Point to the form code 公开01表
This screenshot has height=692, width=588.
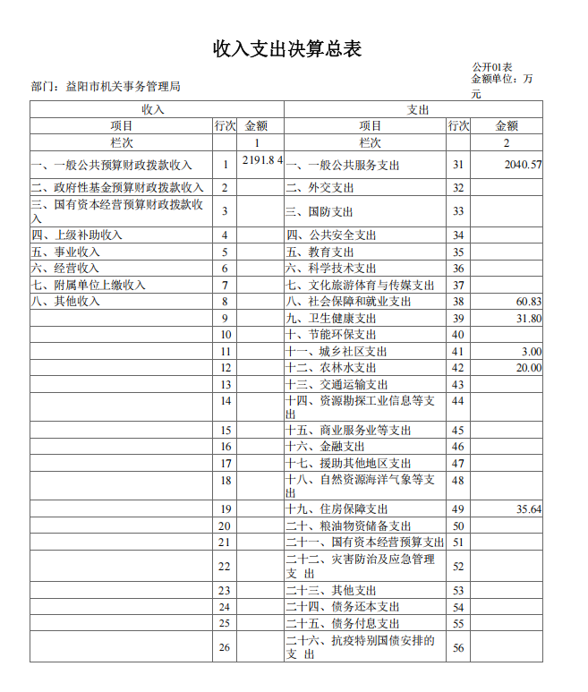492,67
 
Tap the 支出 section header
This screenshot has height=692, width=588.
418,109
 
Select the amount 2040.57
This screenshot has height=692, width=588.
523,165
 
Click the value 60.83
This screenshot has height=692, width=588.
529,302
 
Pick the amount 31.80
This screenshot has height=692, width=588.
529,319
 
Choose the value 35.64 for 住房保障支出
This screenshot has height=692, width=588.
529,509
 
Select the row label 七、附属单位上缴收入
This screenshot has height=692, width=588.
88,286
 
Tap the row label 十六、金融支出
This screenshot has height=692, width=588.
325,447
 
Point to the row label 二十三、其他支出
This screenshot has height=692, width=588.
331,591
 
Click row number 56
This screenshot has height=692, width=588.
458,648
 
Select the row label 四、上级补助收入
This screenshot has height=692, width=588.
76,235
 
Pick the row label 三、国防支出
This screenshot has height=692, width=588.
320,212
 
